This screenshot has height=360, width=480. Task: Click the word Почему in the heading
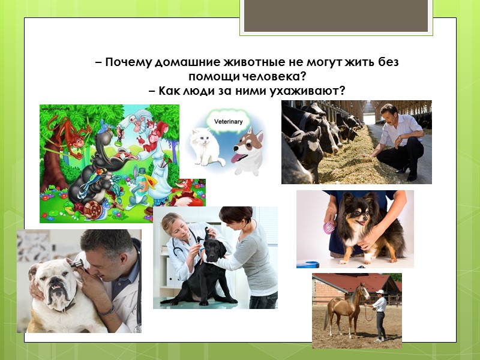[x=129, y=63]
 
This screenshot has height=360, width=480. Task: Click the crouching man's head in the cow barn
[x=389, y=113]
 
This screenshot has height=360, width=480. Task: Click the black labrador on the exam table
[x=204, y=270]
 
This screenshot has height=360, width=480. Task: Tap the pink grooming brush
[x=329, y=227]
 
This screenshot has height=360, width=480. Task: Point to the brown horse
[x=346, y=306]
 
